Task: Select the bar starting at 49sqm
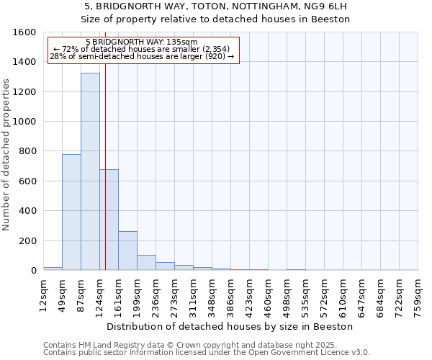[71, 212]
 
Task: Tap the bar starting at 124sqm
[109, 220]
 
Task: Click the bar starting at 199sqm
[146, 263]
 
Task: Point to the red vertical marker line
[105, 158]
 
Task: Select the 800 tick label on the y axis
[27, 151]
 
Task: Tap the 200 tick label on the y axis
[27, 240]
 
